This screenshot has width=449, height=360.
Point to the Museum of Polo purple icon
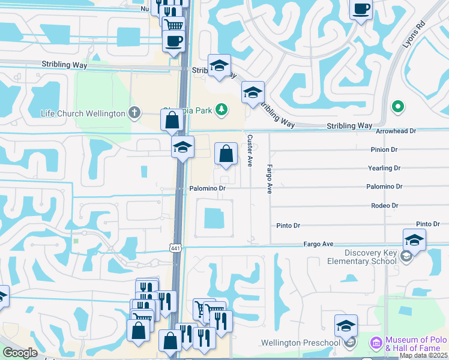tap(376, 343)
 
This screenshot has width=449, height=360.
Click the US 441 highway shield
tap(175, 248)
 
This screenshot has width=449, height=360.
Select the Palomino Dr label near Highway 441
tap(207, 188)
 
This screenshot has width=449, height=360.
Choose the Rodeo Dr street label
tap(385, 205)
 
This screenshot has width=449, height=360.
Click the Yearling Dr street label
tap(385, 169)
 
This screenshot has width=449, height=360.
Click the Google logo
tap(19, 353)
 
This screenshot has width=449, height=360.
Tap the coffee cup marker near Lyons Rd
tap(361, 10)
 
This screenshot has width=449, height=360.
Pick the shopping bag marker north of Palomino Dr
tap(226, 155)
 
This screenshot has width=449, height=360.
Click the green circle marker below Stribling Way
tap(397, 107)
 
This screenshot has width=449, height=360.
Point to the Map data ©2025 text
tap(423, 355)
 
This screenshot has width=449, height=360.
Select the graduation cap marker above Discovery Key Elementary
tap(414, 241)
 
